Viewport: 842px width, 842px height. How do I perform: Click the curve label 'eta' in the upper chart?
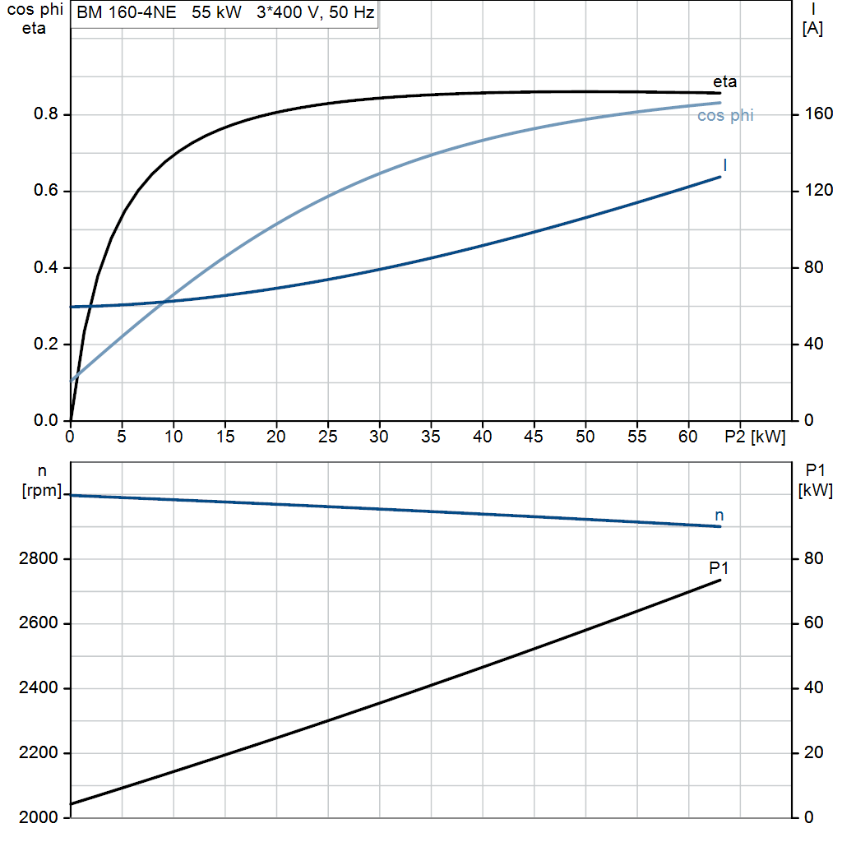click(x=724, y=82)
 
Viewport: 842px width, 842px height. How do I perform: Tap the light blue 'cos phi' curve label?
click(x=725, y=115)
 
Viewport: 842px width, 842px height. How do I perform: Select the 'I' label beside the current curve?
click(x=725, y=164)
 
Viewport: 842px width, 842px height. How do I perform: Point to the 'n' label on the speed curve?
click(x=719, y=516)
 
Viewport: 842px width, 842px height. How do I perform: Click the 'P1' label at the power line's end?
click(x=719, y=567)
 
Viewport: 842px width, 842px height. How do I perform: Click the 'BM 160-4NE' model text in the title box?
click(x=126, y=12)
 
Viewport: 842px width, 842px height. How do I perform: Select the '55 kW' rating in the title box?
click(x=216, y=12)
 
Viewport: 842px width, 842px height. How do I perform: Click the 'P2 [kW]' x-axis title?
click(x=755, y=437)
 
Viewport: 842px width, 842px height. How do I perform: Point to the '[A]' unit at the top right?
click(x=812, y=29)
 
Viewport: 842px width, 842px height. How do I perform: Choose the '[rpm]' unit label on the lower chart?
click(x=42, y=490)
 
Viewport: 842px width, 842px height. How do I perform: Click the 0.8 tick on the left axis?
click(x=46, y=113)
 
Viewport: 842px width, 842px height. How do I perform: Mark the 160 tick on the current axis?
click(x=819, y=113)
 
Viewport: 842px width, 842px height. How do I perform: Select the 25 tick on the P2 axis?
click(x=327, y=437)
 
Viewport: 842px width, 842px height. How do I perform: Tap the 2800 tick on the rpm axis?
click(x=38, y=558)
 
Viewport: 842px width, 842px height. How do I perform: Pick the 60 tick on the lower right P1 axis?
click(x=813, y=623)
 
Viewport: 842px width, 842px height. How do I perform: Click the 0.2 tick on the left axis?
click(x=46, y=344)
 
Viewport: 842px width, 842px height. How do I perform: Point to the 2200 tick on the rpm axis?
click(x=38, y=753)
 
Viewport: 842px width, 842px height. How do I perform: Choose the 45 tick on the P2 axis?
click(x=533, y=437)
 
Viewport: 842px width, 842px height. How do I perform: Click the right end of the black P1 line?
click(x=719, y=581)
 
